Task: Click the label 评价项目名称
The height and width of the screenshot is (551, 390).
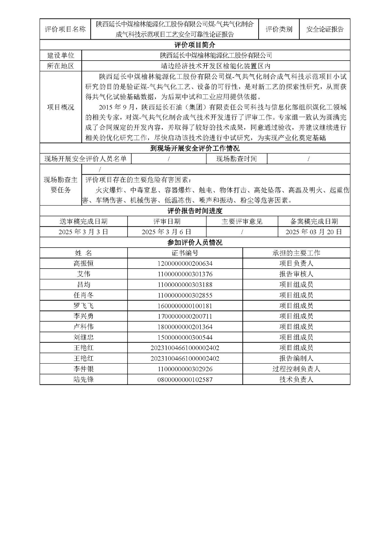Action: click(x=65, y=29)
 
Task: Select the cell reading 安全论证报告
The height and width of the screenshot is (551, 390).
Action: click(x=325, y=29)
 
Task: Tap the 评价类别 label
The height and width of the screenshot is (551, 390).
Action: click(x=279, y=29)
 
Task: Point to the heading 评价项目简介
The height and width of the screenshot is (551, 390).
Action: click(x=195, y=45)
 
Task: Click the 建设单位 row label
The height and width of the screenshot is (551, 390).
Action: click(x=61, y=55)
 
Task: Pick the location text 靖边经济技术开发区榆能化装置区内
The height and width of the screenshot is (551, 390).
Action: click(x=216, y=66)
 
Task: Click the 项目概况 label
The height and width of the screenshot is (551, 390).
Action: click(x=61, y=107)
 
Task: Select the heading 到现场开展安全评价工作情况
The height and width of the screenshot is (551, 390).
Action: click(x=195, y=148)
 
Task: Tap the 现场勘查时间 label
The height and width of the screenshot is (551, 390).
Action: click(x=237, y=159)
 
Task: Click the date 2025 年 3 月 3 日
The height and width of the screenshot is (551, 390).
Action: click(x=83, y=232)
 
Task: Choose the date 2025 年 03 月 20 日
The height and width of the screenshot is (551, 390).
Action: click(x=314, y=232)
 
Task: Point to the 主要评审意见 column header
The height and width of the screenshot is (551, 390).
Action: click(x=242, y=221)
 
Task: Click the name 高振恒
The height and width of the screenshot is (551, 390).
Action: click(x=83, y=263)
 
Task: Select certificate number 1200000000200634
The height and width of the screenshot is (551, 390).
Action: click(x=185, y=263)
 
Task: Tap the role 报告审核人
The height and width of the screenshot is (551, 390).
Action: click(x=296, y=274)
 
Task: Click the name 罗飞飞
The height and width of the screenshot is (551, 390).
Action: click(x=83, y=306)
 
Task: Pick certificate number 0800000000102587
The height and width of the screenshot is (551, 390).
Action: click(x=185, y=380)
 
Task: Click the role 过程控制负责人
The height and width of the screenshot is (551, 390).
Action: click(x=296, y=369)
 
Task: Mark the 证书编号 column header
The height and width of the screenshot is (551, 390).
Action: click(x=185, y=253)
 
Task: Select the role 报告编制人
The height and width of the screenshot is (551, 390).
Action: click(x=296, y=358)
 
